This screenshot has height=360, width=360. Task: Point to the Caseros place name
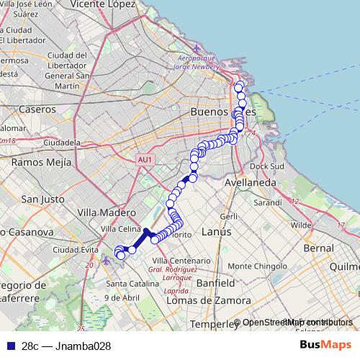(37, 109)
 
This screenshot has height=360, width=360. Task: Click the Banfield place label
(215, 283)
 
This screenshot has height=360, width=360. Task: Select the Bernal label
(319, 248)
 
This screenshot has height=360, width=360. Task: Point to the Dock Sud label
(268, 166)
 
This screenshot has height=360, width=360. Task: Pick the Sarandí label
(267, 203)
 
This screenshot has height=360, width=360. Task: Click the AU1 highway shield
(145, 159)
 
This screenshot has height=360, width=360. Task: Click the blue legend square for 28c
(9, 346)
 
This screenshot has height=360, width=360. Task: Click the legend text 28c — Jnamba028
(66, 346)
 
